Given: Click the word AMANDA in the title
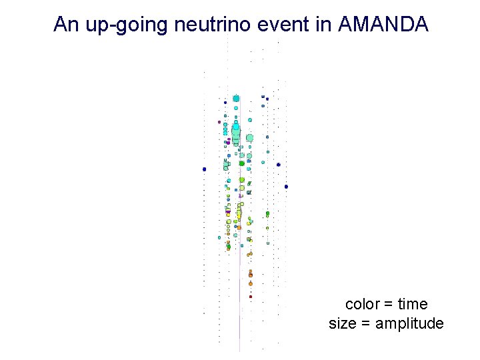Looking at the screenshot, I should pos(383,25).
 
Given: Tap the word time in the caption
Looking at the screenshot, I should pos(413,305).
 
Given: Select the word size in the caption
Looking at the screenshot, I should pos(343,324).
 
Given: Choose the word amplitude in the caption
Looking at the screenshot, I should pos(409,324).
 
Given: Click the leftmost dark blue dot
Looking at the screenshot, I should pos(205,169).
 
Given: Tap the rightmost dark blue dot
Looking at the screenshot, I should pos(286,187).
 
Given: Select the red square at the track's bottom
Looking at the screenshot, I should pos(251,296).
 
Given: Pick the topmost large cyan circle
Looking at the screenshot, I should pos(236,99).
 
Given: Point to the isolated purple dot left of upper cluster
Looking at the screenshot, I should pos(219,122).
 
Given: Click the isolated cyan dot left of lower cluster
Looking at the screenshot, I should pos(219,237).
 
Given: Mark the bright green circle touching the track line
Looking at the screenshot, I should pos(242,163).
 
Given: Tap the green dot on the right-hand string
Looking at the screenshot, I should pos(267,214).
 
